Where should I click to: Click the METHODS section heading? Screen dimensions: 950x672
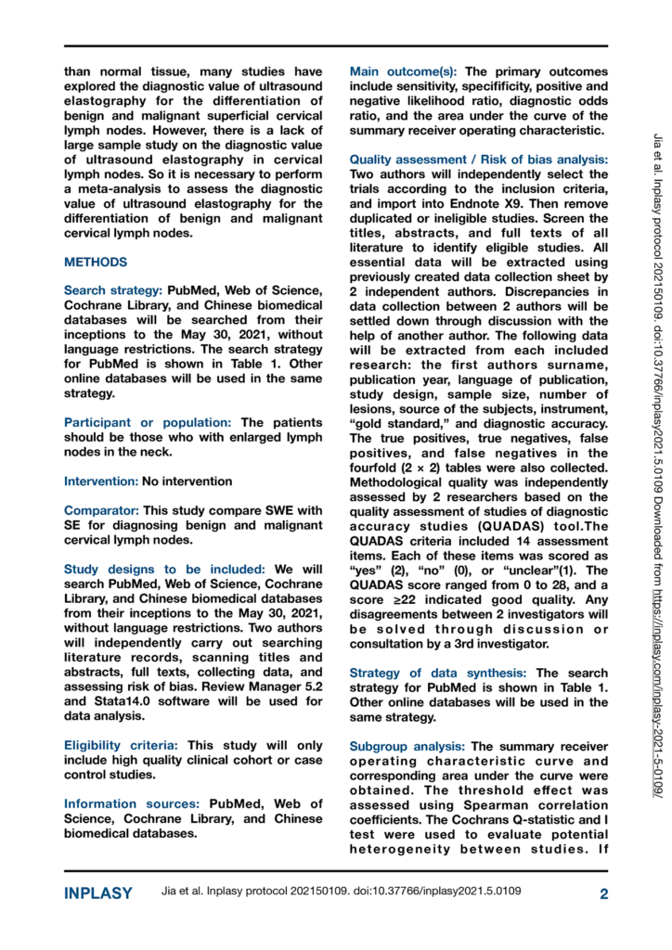pyautogui.click(x=95, y=263)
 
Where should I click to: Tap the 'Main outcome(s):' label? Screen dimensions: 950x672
pyautogui.click(x=405, y=71)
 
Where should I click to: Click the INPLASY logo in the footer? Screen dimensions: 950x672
pyautogui.click(x=97, y=893)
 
